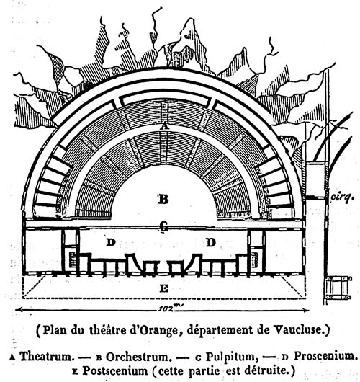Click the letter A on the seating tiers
tap(165, 126)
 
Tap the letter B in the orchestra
tap(163, 199)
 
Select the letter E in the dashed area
tap(164, 288)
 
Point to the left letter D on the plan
tap(111, 242)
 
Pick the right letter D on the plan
tap(211, 242)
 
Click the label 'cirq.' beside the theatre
tap(342, 196)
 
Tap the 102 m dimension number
tap(169, 308)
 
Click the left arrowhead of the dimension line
tap(19, 310)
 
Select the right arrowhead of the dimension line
tap(306, 310)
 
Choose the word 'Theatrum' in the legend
tap(47, 356)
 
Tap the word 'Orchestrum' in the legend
tap(137, 357)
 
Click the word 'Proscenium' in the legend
tap(325, 356)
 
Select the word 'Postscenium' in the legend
tap(115, 370)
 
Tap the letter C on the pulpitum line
tap(164, 227)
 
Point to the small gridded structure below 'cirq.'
tap(338, 288)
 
